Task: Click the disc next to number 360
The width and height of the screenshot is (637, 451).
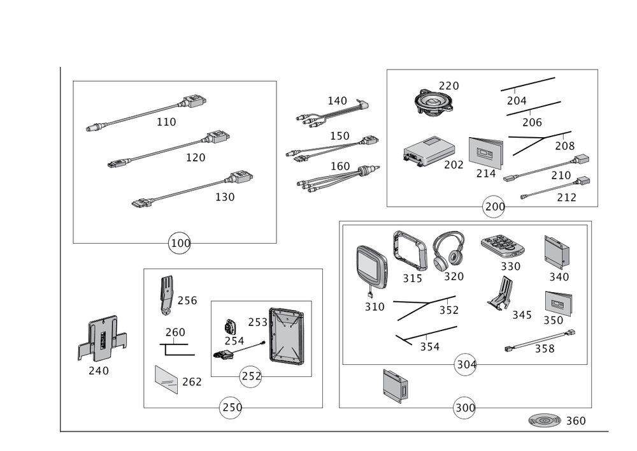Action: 543,421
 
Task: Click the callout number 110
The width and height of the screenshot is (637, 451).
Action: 167,121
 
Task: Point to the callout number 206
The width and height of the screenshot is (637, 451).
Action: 532,121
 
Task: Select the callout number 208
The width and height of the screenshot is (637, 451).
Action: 564,145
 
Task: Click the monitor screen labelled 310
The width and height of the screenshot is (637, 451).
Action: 371,262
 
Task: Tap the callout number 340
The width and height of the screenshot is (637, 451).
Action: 559,276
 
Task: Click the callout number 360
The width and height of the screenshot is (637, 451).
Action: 575,421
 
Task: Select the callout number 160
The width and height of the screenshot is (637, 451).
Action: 340,166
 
